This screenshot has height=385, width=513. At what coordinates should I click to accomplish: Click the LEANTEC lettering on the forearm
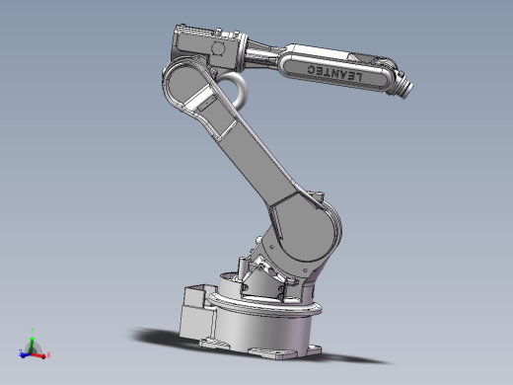tap(334, 73)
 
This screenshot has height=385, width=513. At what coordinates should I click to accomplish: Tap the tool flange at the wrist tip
tap(406, 89)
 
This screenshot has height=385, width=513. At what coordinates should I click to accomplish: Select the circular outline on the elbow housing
tap(218, 48)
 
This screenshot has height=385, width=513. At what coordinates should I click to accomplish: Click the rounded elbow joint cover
tap(184, 84)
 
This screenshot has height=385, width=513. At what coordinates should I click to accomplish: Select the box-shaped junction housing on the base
tap(196, 314)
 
